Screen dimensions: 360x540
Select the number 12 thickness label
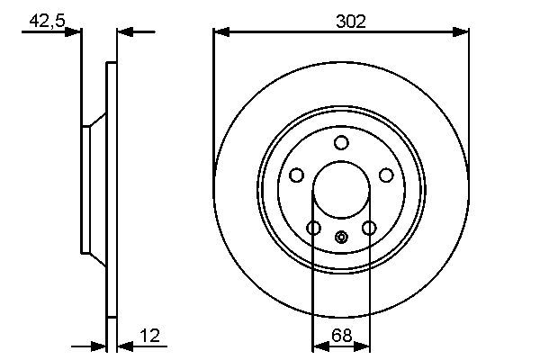coord(150,337)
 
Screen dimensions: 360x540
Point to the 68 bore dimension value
coord(341,337)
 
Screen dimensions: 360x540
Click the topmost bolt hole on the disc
coord(341,142)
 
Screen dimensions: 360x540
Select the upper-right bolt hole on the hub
coord(386,175)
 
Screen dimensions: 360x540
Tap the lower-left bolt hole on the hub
coord(313,229)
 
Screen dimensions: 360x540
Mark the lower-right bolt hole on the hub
coord(368,229)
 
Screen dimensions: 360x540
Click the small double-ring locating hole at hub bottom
coord(341,238)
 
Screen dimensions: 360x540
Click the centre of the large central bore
coord(341,190)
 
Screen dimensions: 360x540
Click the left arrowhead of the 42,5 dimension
coord(76,32)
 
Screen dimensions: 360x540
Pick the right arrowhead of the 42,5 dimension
coord(124,32)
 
